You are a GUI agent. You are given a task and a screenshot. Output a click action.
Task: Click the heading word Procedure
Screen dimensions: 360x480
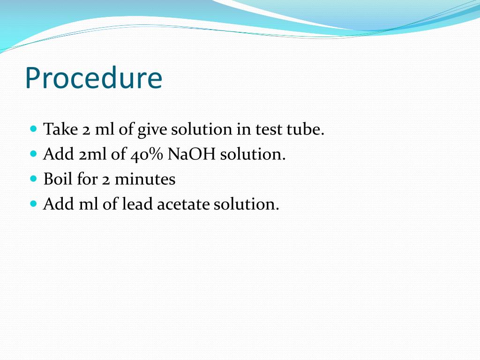click(93, 79)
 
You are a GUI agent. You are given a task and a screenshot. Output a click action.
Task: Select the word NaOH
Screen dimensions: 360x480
click(191, 154)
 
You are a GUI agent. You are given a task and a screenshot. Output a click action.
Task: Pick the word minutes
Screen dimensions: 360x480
click(145, 179)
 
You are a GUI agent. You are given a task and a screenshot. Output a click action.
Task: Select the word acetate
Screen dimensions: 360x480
click(183, 204)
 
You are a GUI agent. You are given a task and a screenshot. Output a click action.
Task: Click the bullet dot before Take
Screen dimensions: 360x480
click(33, 128)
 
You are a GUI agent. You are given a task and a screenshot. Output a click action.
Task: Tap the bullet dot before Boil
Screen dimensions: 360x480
click(33, 178)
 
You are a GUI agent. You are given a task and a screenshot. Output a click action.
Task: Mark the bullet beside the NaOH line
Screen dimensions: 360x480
click(33, 153)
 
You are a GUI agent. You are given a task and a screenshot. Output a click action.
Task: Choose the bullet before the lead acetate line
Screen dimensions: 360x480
click(33, 203)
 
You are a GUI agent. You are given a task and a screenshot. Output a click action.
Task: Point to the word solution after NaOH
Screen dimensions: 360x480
click(253, 154)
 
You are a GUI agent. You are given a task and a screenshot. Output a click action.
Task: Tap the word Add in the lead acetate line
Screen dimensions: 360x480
click(55, 204)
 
